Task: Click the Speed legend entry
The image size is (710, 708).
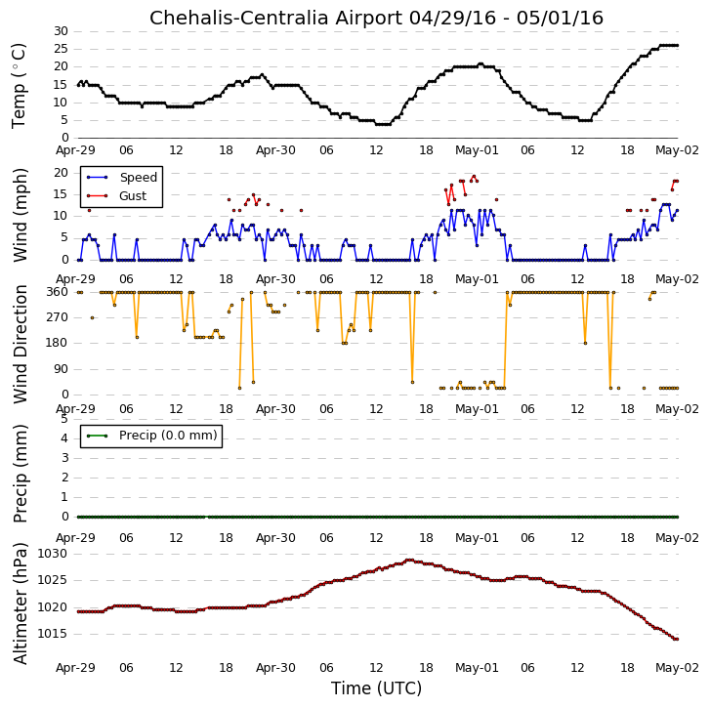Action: (122, 178)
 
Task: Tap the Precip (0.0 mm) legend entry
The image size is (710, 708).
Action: (151, 436)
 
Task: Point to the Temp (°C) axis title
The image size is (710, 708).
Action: (19, 86)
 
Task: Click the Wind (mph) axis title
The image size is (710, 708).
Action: (20, 215)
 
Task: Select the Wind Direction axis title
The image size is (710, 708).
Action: (20, 344)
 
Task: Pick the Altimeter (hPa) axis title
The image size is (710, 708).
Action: (20, 604)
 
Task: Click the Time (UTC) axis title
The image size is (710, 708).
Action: (376, 688)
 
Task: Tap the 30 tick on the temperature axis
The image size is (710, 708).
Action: (62, 31)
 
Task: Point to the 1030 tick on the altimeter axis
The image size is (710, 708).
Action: (52, 554)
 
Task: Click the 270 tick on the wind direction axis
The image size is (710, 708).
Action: (58, 317)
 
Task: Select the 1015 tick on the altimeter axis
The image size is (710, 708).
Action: (52, 634)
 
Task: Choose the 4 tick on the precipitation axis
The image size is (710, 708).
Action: (64, 438)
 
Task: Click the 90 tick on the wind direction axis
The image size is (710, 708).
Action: (62, 369)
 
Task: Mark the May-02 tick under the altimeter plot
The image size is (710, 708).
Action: (678, 668)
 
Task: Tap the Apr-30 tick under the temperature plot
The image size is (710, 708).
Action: (275, 150)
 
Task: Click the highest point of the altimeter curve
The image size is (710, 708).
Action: (409, 560)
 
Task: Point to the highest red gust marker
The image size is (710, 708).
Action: (474, 176)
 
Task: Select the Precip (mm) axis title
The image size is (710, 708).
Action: (20, 474)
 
